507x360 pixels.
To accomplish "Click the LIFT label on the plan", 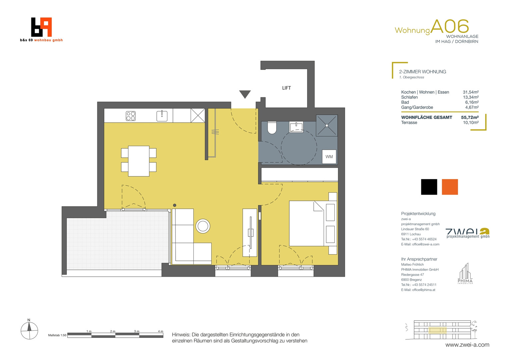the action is [286, 88].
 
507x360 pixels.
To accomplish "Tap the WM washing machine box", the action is [329, 157].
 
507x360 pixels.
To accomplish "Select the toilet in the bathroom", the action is [272, 128].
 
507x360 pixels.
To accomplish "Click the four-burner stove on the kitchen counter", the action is [131, 116].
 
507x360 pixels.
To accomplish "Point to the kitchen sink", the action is [162, 116].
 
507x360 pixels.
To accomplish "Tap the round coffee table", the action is [203, 226].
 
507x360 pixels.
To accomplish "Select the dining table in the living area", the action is [139, 161].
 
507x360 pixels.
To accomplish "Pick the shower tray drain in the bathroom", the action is [327, 125].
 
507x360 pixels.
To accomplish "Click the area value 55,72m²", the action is [470, 117].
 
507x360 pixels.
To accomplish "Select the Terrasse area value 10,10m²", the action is [471, 123].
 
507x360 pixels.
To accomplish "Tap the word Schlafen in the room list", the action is [409, 97].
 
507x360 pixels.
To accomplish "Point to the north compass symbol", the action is [29, 330].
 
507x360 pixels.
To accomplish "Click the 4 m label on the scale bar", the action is [160, 331].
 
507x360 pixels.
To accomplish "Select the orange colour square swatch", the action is [450, 187].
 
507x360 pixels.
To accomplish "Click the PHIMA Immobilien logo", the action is [465, 273].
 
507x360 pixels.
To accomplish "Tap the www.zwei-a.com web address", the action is [467, 345].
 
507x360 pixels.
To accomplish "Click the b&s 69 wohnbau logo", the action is [41, 30].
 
